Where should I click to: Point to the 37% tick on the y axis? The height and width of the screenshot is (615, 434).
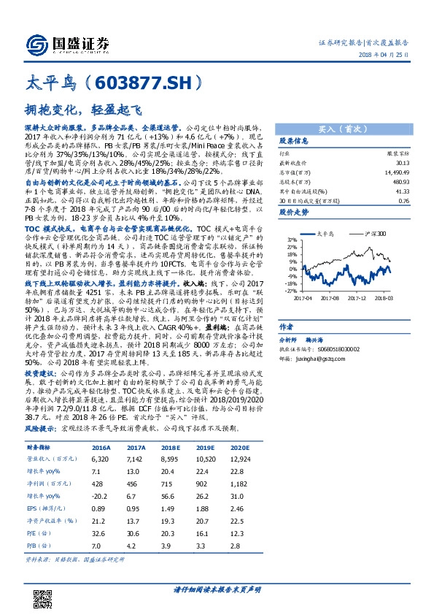(292, 239)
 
